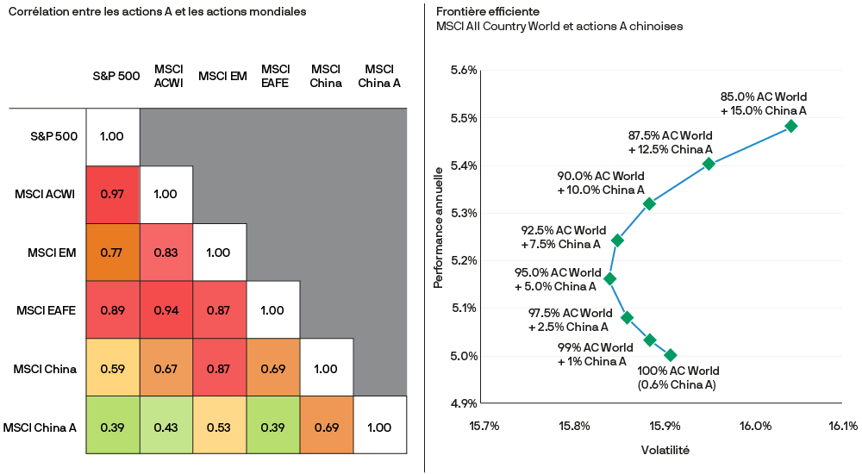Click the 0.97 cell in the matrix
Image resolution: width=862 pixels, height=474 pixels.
(x=112, y=194)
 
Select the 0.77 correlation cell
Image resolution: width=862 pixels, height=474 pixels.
(x=112, y=253)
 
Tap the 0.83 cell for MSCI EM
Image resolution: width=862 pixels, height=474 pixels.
(x=166, y=253)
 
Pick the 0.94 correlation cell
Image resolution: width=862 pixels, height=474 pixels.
(x=166, y=310)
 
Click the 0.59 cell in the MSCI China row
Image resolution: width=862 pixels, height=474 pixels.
(x=112, y=369)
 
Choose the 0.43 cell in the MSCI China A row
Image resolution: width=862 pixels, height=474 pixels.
(x=166, y=427)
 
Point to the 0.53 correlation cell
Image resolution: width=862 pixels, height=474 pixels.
(x=219, y=427)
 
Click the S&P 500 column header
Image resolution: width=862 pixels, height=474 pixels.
(x=116, y=76)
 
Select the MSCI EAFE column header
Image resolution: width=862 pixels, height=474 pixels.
(x=275, y=76)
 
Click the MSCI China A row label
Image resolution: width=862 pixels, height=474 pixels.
(x=41, y=427)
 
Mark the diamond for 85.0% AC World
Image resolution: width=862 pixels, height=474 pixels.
(x=791, y=126)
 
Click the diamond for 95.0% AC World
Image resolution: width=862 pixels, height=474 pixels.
(x=610, y=278)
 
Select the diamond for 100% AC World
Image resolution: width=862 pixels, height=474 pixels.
(x=671, y=355)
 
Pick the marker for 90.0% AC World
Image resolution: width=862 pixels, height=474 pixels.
(x=649, y=203)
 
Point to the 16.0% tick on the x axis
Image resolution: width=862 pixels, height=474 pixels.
(x=754, y=425)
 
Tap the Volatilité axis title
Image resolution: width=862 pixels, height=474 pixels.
(x=665, y=451)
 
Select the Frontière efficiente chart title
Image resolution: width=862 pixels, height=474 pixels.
(x=488, y=11)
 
